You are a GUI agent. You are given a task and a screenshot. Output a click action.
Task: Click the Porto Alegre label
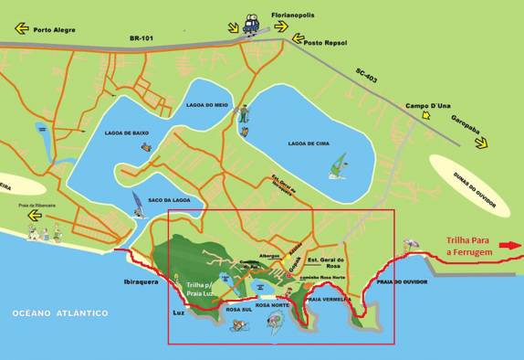(54, 29)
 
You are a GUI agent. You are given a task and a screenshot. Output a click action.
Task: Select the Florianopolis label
(296, 16)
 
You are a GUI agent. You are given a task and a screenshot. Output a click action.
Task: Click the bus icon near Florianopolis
(250, 18)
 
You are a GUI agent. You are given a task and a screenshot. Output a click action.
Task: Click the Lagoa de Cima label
(308, 143)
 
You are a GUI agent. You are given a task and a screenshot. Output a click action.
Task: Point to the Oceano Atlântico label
(60, 313)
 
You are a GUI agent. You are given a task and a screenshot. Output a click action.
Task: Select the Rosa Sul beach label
(239, 309)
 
